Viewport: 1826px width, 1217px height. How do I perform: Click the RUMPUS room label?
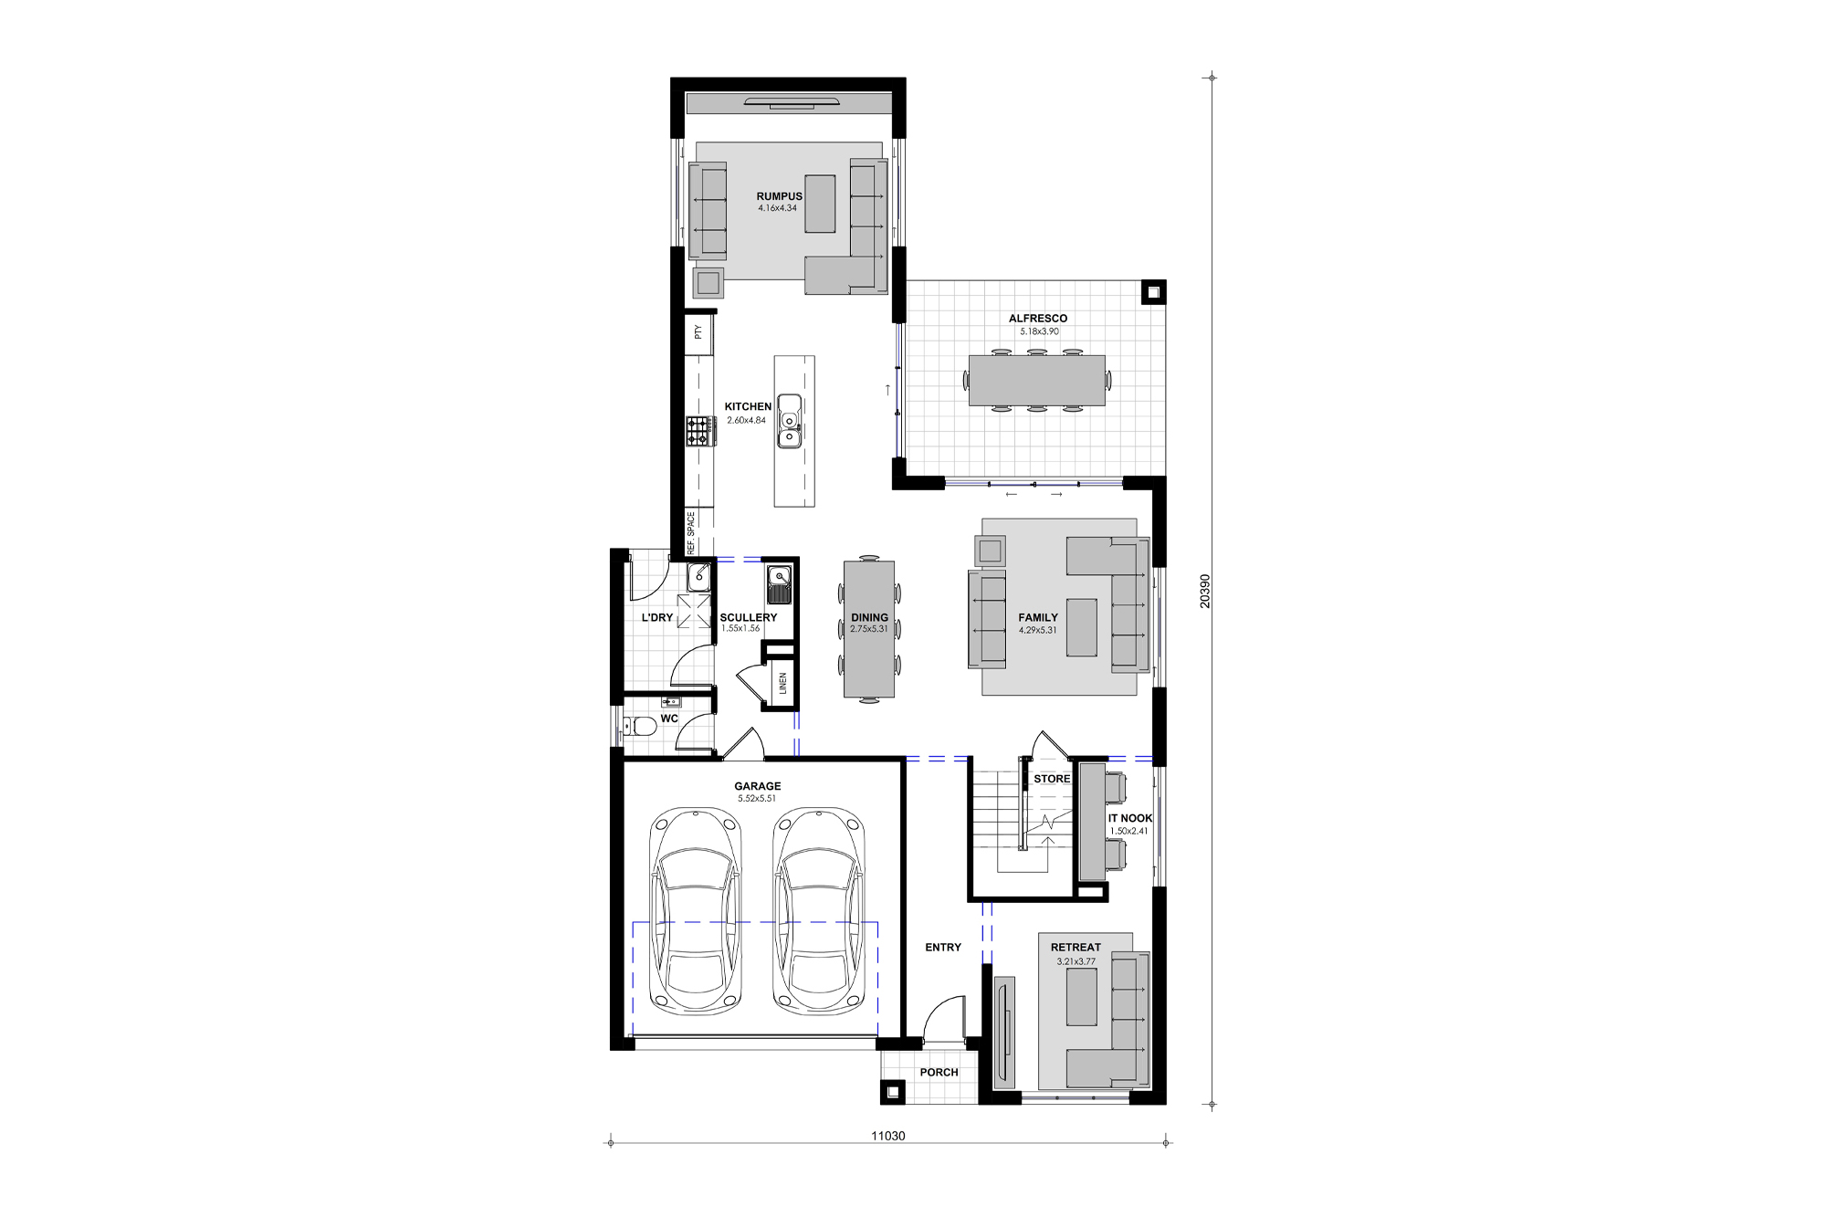click(779, 196)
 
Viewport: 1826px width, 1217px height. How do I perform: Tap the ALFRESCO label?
click(1037, 319)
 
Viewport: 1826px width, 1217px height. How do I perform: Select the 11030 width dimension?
click(887, 1136)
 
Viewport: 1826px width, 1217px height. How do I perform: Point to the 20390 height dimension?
click(1205, 591)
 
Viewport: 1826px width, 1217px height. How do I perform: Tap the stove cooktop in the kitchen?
click(700, 431)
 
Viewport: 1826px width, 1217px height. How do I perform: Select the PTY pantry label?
click(698, 332)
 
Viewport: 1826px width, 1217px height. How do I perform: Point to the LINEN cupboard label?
click(782, 684)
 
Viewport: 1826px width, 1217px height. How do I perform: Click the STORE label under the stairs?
click(1052, 779)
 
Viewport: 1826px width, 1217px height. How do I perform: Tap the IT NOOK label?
click(1130, 818)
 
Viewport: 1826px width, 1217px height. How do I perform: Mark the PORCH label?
click(939, 1072)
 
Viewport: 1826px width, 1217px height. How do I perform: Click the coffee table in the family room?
click(1084, 626)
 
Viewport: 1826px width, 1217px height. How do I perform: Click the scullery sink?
click(779, 577)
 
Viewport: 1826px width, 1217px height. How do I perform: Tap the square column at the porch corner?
click(892, 1092)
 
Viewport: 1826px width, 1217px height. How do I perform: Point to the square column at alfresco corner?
click(1153, 293)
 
